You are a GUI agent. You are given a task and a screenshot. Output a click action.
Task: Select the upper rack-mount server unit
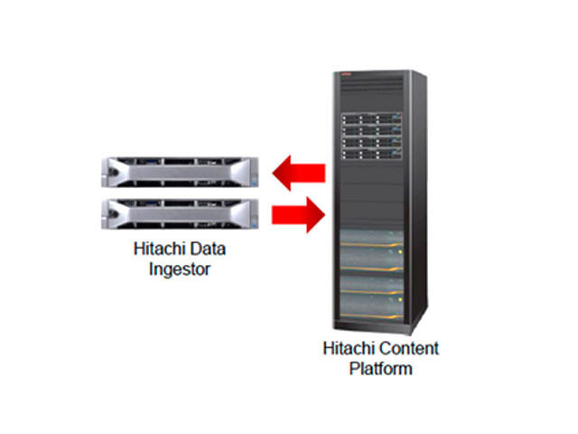tap(180, 172)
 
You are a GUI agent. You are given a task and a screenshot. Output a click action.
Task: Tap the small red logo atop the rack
tap(344, 76)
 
